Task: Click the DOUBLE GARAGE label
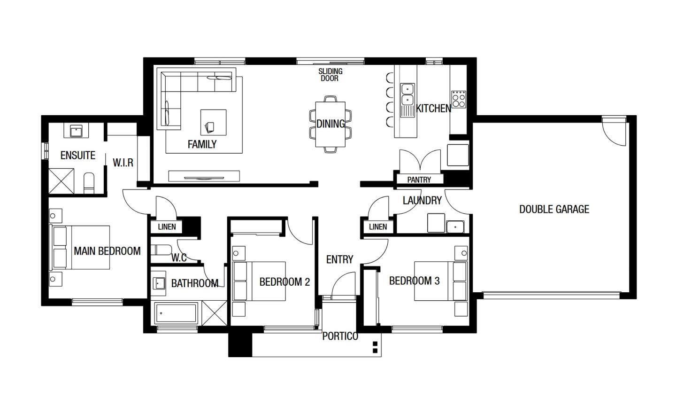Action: [x=554, y=209]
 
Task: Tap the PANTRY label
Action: [x=419, y=180]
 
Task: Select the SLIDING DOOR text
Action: [x=330, y=75]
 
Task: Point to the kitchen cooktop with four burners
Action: [x=459, y=100]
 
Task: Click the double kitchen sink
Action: [x=407, y=94]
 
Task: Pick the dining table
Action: [x=330, y=124]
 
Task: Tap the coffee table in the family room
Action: [x=213, y=122]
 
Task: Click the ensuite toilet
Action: [x=89, y=183]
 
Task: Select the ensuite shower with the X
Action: [x=61, y=181]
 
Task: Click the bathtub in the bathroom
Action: [x=176, y=313]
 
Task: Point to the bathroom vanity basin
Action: [x=159, y=284]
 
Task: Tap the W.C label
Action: [x=179, y=258]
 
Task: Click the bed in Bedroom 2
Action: [x=259, y=281]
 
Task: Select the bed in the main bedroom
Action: [x=80, y=247]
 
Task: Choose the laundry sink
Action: [x=455, y=227]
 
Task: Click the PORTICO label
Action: [x=340, y=336]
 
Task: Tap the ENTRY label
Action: [x=339, y=259]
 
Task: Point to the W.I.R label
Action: [x=123, y=163]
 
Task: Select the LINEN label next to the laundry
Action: [x=378, y=227]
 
